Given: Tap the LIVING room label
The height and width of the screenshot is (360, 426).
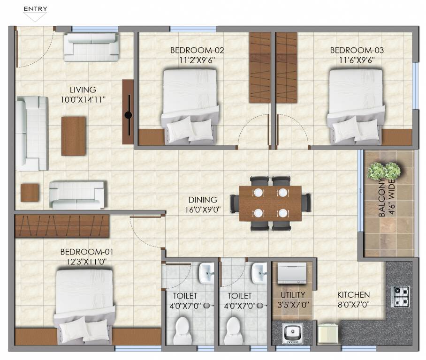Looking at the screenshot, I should click(x=83, y=90).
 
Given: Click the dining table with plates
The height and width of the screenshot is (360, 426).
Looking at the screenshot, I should click(x=270, y=203).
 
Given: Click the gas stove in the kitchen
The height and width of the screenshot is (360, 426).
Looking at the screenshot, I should click(x=400, y=296).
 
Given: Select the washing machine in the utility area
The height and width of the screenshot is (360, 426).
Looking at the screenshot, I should click(x=291, y=273).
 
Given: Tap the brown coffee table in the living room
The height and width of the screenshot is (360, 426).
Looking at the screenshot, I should click(x=74, y=136).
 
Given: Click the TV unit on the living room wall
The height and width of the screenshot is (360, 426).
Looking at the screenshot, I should click(x=128, y=112).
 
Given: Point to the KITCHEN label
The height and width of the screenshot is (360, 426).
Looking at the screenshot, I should click(x=354, y=295).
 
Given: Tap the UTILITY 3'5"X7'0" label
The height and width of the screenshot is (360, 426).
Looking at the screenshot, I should click(x=293, y=299).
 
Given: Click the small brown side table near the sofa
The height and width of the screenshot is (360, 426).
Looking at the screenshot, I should click(x=30, y=193).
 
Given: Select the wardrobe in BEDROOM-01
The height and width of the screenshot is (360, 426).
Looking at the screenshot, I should click(x=62, y=226).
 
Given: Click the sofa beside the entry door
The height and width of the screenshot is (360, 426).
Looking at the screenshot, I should click(x=91, y=47).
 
